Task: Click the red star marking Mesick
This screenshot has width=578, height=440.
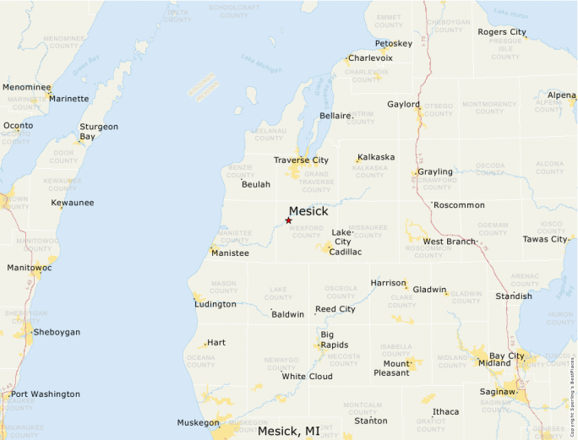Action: tap(288, 220)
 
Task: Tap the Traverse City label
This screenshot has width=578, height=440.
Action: tap(301, 160)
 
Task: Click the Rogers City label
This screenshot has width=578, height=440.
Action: tap(502, 32)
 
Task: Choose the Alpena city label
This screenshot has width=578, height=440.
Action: tap(562, 95)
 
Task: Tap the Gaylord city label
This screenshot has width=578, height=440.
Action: tap(403, 104)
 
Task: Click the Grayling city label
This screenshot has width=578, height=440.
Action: tap(435, 171)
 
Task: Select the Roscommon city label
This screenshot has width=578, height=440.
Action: tap(459, 204)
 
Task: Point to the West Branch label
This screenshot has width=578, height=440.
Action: tap(449, 242)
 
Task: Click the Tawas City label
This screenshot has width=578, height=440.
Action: tap(545, 239)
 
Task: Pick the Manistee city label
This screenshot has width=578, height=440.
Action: tap(231, 253)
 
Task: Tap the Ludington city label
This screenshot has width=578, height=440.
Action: tap(215, 304)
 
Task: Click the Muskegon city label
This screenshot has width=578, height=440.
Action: tap(198, 422)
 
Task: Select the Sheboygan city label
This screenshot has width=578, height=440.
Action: tap(57, 332)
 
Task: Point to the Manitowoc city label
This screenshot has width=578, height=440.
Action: tap(30, 268)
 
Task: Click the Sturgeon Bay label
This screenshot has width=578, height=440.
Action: tap(99, 131)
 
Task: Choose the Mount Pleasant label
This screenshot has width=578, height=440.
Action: tap(390, 367)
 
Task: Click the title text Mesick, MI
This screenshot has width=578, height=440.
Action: tap(289, 431)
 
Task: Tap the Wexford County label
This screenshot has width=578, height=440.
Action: tap(307, 231)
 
